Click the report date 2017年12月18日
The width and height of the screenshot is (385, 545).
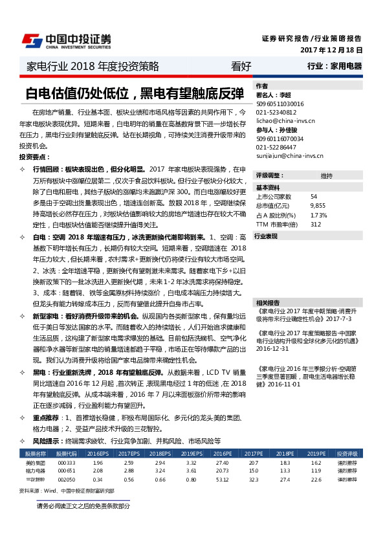(x=331, y=50)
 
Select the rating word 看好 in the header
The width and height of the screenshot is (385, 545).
(x=241, y=67)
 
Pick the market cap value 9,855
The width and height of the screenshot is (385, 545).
(x=318, y=205)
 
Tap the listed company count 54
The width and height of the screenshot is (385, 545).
(x=314, y=196)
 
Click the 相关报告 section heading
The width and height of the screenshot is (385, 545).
(x=267, y=302)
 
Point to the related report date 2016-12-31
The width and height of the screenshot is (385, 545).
(x=272, y=348)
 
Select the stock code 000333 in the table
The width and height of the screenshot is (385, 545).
(x=67, y=463)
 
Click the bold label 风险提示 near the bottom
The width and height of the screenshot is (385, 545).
(x=47, y=440)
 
